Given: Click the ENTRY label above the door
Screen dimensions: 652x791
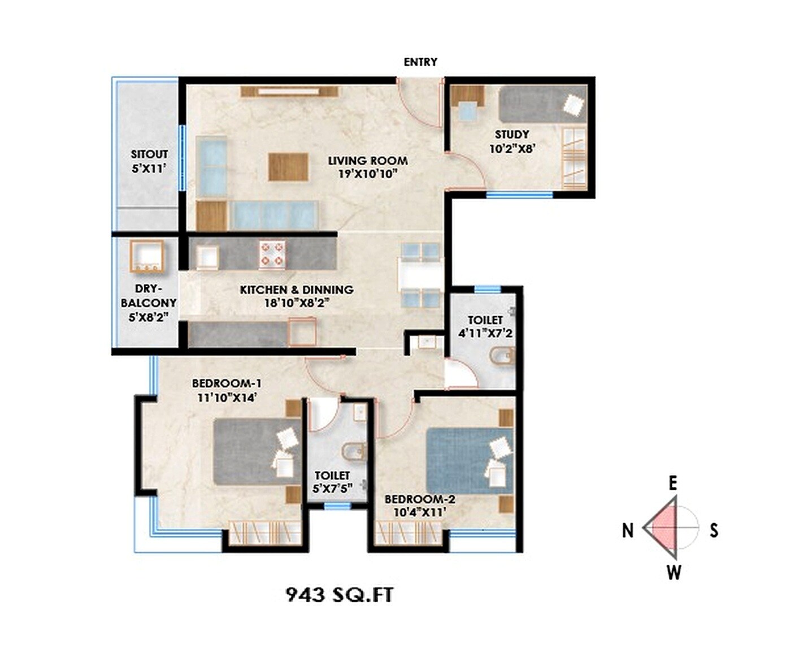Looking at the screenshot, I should click(420, 62).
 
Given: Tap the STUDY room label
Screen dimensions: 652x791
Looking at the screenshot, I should click(512, 135).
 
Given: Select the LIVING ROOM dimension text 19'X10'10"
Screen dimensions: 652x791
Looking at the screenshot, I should click(368, 174).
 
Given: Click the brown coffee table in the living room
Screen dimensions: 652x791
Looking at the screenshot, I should click(288, 167).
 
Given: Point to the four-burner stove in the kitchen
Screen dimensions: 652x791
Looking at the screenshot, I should click(272, 254).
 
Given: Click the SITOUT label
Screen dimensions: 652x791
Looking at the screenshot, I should click(149, 154).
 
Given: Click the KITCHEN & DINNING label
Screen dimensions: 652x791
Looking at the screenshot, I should click(297, 290).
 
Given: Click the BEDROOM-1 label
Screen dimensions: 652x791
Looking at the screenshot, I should click(227, 384).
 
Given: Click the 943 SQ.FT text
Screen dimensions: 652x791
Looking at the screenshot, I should click(340, 594).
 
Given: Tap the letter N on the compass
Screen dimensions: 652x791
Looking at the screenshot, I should click(628, 530).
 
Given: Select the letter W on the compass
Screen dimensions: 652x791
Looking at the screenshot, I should click(673, 573).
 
